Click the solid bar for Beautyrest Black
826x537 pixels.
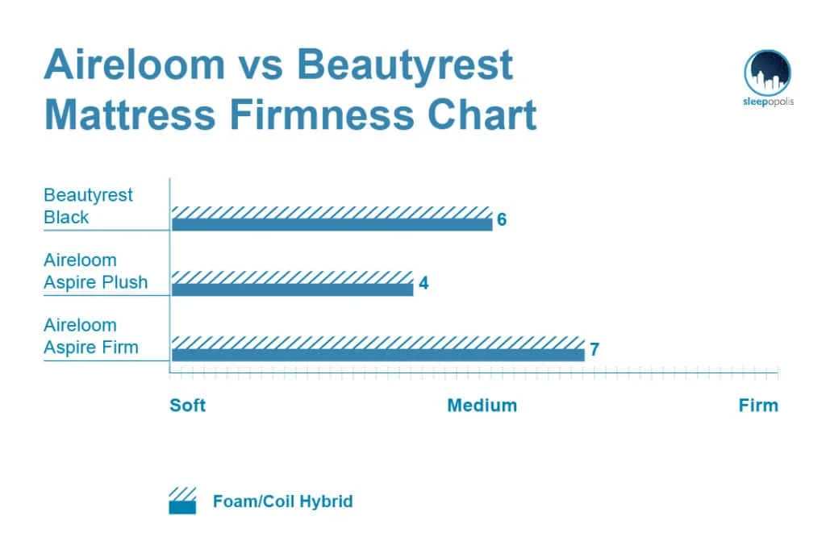pos(332,224)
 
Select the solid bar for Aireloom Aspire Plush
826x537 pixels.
pos(292,289)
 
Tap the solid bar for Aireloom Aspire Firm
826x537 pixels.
pos(378,355)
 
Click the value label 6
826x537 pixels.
pos(501,220)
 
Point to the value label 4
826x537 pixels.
pos(423,285)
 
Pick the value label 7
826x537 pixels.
pos(594,350)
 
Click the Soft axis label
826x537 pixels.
pos(187,405)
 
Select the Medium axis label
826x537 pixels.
pos(482,405)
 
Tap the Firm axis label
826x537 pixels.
pos(758,405)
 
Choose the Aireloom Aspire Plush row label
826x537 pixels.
pos(95,272)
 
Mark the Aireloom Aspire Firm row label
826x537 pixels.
pos(91,336)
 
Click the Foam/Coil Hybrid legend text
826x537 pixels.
pos(282,502)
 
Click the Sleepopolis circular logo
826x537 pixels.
pos(767,73)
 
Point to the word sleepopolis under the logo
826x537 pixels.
pos(767,102)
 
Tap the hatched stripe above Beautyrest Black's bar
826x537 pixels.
pos(332,211)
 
